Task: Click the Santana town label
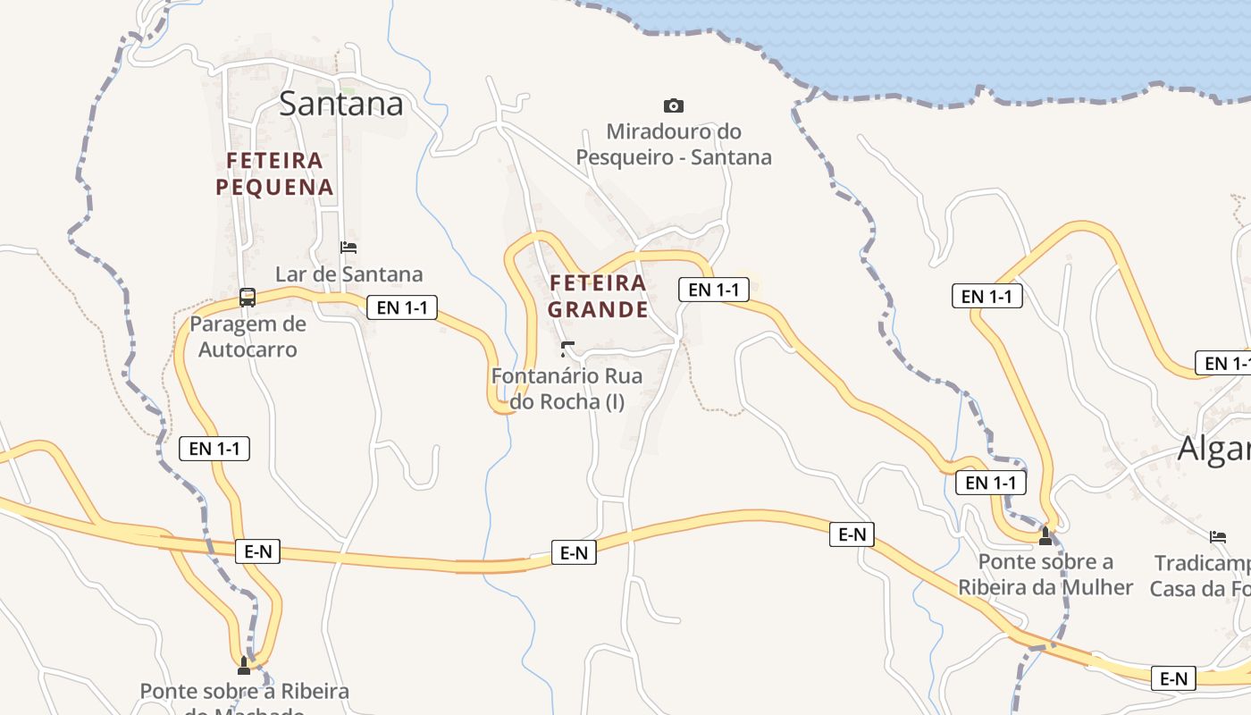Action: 341,104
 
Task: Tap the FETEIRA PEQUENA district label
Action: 274,173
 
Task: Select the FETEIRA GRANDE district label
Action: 598,296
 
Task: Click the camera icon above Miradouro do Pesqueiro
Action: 674,105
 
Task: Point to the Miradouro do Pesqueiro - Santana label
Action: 674,145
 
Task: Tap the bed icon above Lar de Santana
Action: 348,247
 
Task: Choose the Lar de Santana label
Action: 348,273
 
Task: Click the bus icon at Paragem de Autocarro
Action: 248,298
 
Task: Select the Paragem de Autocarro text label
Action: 248,336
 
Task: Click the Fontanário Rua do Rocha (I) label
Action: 567,389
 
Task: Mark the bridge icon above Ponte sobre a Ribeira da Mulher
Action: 1045,535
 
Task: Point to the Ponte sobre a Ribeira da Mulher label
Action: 1045,574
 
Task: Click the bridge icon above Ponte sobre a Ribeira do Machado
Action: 244,665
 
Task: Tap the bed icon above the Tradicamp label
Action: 1218,536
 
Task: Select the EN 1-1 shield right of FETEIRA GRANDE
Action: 713,290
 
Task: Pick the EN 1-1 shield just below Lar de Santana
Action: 402,307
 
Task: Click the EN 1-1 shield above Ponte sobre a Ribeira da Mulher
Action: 991,483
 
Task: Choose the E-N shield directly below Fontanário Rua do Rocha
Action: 574,553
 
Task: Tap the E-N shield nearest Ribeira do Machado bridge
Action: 257,551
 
